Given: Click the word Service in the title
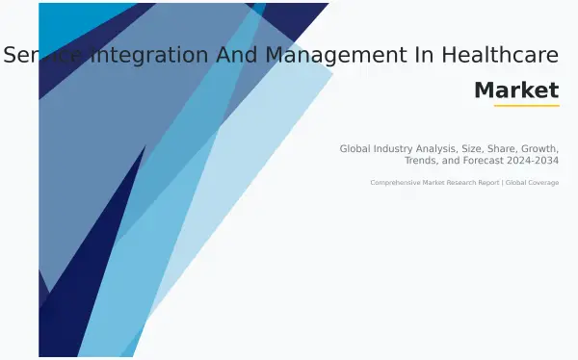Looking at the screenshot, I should [43, 56].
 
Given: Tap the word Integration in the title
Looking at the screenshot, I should [144, 56].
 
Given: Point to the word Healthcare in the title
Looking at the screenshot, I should [496, 56].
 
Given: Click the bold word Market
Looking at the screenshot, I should [516, 90].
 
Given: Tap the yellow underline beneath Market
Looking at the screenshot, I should [526, 105].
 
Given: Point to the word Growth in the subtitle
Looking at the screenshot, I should [541, 148].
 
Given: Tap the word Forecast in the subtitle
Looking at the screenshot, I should [489, 160].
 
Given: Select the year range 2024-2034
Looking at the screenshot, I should [536, 160].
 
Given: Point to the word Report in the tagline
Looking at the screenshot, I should [481, 182].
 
